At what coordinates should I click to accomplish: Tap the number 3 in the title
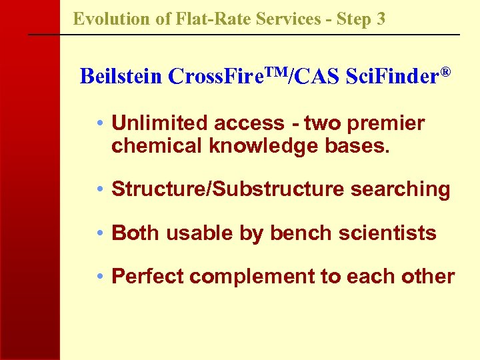pyautogui.click(x=381, y=19)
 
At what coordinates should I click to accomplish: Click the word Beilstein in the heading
pyautogui.click(x=121, y=77)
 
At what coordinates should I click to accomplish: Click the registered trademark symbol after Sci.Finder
pyautogui.click(x=446, y=71)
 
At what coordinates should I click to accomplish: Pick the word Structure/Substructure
pyautogui.click(x=225, y=189)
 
